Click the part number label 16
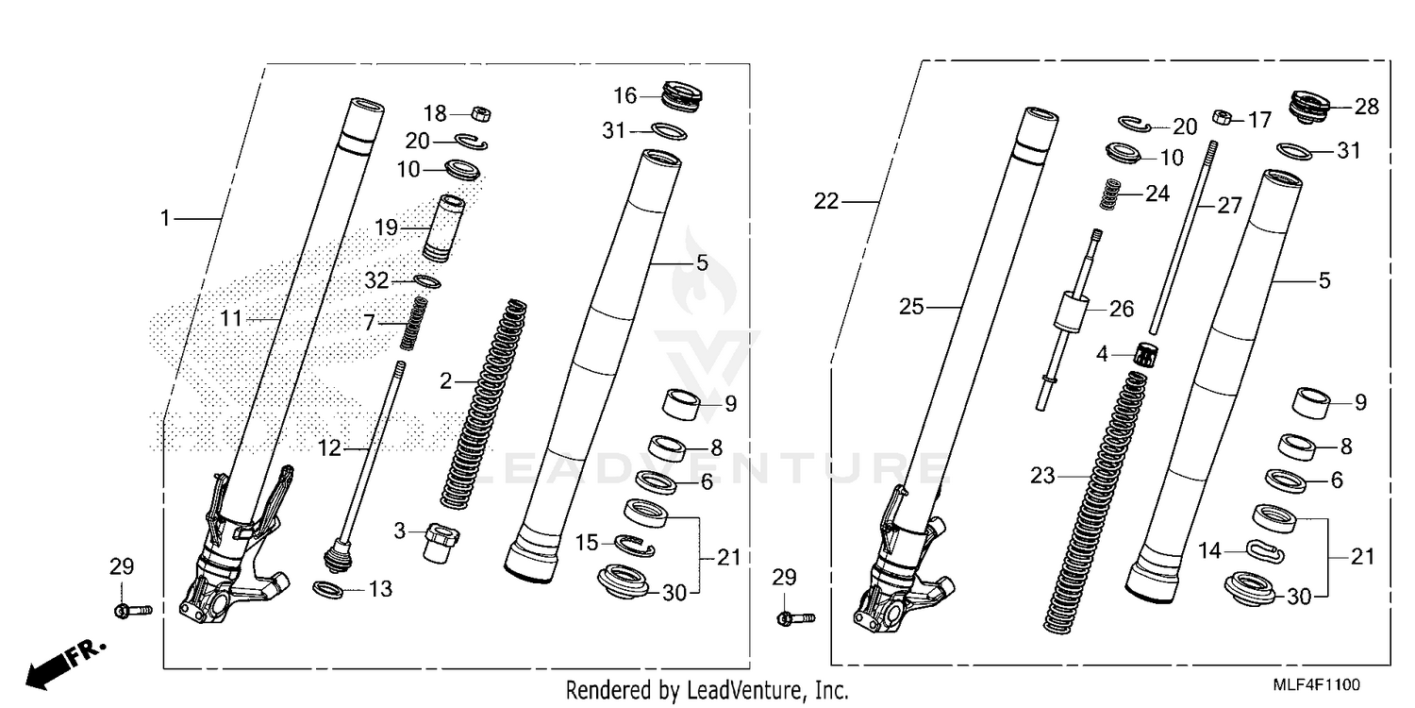(625, 95)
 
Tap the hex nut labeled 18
(479, 114)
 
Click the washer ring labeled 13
(327, 590)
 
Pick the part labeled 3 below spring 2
(440, 542)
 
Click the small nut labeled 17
(1220, 119)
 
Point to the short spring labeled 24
(1113, 194)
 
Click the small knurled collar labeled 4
(1148, 356)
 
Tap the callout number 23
(1042, 477)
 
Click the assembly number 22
(826, 201)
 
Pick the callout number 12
(329, 450)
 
